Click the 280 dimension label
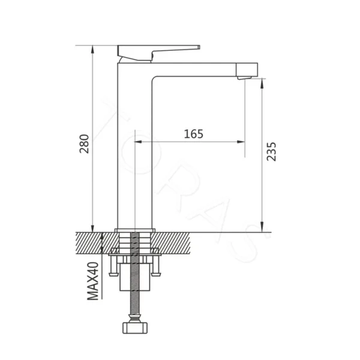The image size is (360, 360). tap(84, 144)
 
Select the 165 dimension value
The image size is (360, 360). tap(194, 134)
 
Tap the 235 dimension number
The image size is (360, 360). tap(271, 152)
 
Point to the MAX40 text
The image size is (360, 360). tap(93, 281)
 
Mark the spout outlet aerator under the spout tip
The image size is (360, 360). tap(245, 78)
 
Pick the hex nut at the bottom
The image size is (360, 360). tap(135, 328)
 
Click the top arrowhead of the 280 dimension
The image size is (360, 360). tap(92, 49)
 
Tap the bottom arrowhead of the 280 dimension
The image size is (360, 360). tap(92, 229)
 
